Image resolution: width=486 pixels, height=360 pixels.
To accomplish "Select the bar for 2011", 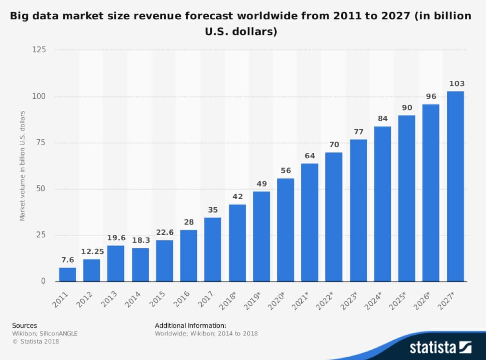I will click(x=67, y=274).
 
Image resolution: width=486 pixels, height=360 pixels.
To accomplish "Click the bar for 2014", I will click(x=140, y=265).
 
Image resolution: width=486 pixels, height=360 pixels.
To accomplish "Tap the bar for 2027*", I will click(x=455, y=186).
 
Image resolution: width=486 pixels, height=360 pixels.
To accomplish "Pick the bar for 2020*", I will click(x=286, y=230).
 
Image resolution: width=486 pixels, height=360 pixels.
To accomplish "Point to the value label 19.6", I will click(x=116, y=238).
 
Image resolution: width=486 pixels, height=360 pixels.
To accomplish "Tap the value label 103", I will click(x=456, y=84).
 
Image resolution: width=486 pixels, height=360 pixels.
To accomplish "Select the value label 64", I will click(x=310, y=156).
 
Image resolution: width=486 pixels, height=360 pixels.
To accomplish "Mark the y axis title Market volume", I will click(x=22, y=165).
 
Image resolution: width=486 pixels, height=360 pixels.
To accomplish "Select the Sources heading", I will click(x=25, y=325).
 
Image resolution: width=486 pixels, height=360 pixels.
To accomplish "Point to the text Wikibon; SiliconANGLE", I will click(x=45, y=333).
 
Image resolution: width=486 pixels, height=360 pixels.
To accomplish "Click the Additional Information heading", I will click(x=190, y=325).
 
